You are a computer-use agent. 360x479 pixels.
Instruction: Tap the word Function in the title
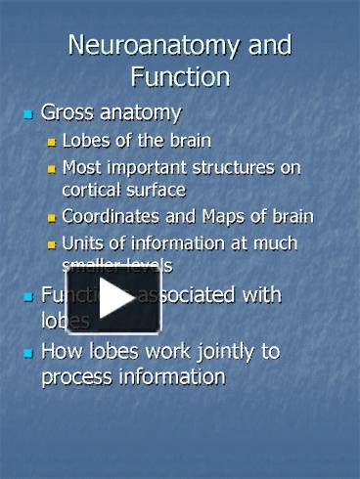pyautogui.click(x=179, y=76)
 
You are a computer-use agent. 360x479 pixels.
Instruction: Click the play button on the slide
pyautogui.click(x=100, y=299)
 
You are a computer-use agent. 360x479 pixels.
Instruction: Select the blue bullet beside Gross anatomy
pyautogui.click(x=27, y=114)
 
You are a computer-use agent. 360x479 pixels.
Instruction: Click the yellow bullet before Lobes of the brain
pyautogui.click(x=53, y=141)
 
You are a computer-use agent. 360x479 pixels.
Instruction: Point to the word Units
pyautogui.click(x=81, y=243)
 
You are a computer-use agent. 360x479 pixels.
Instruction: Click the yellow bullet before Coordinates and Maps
pyautogui.click(x=53, y=217)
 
